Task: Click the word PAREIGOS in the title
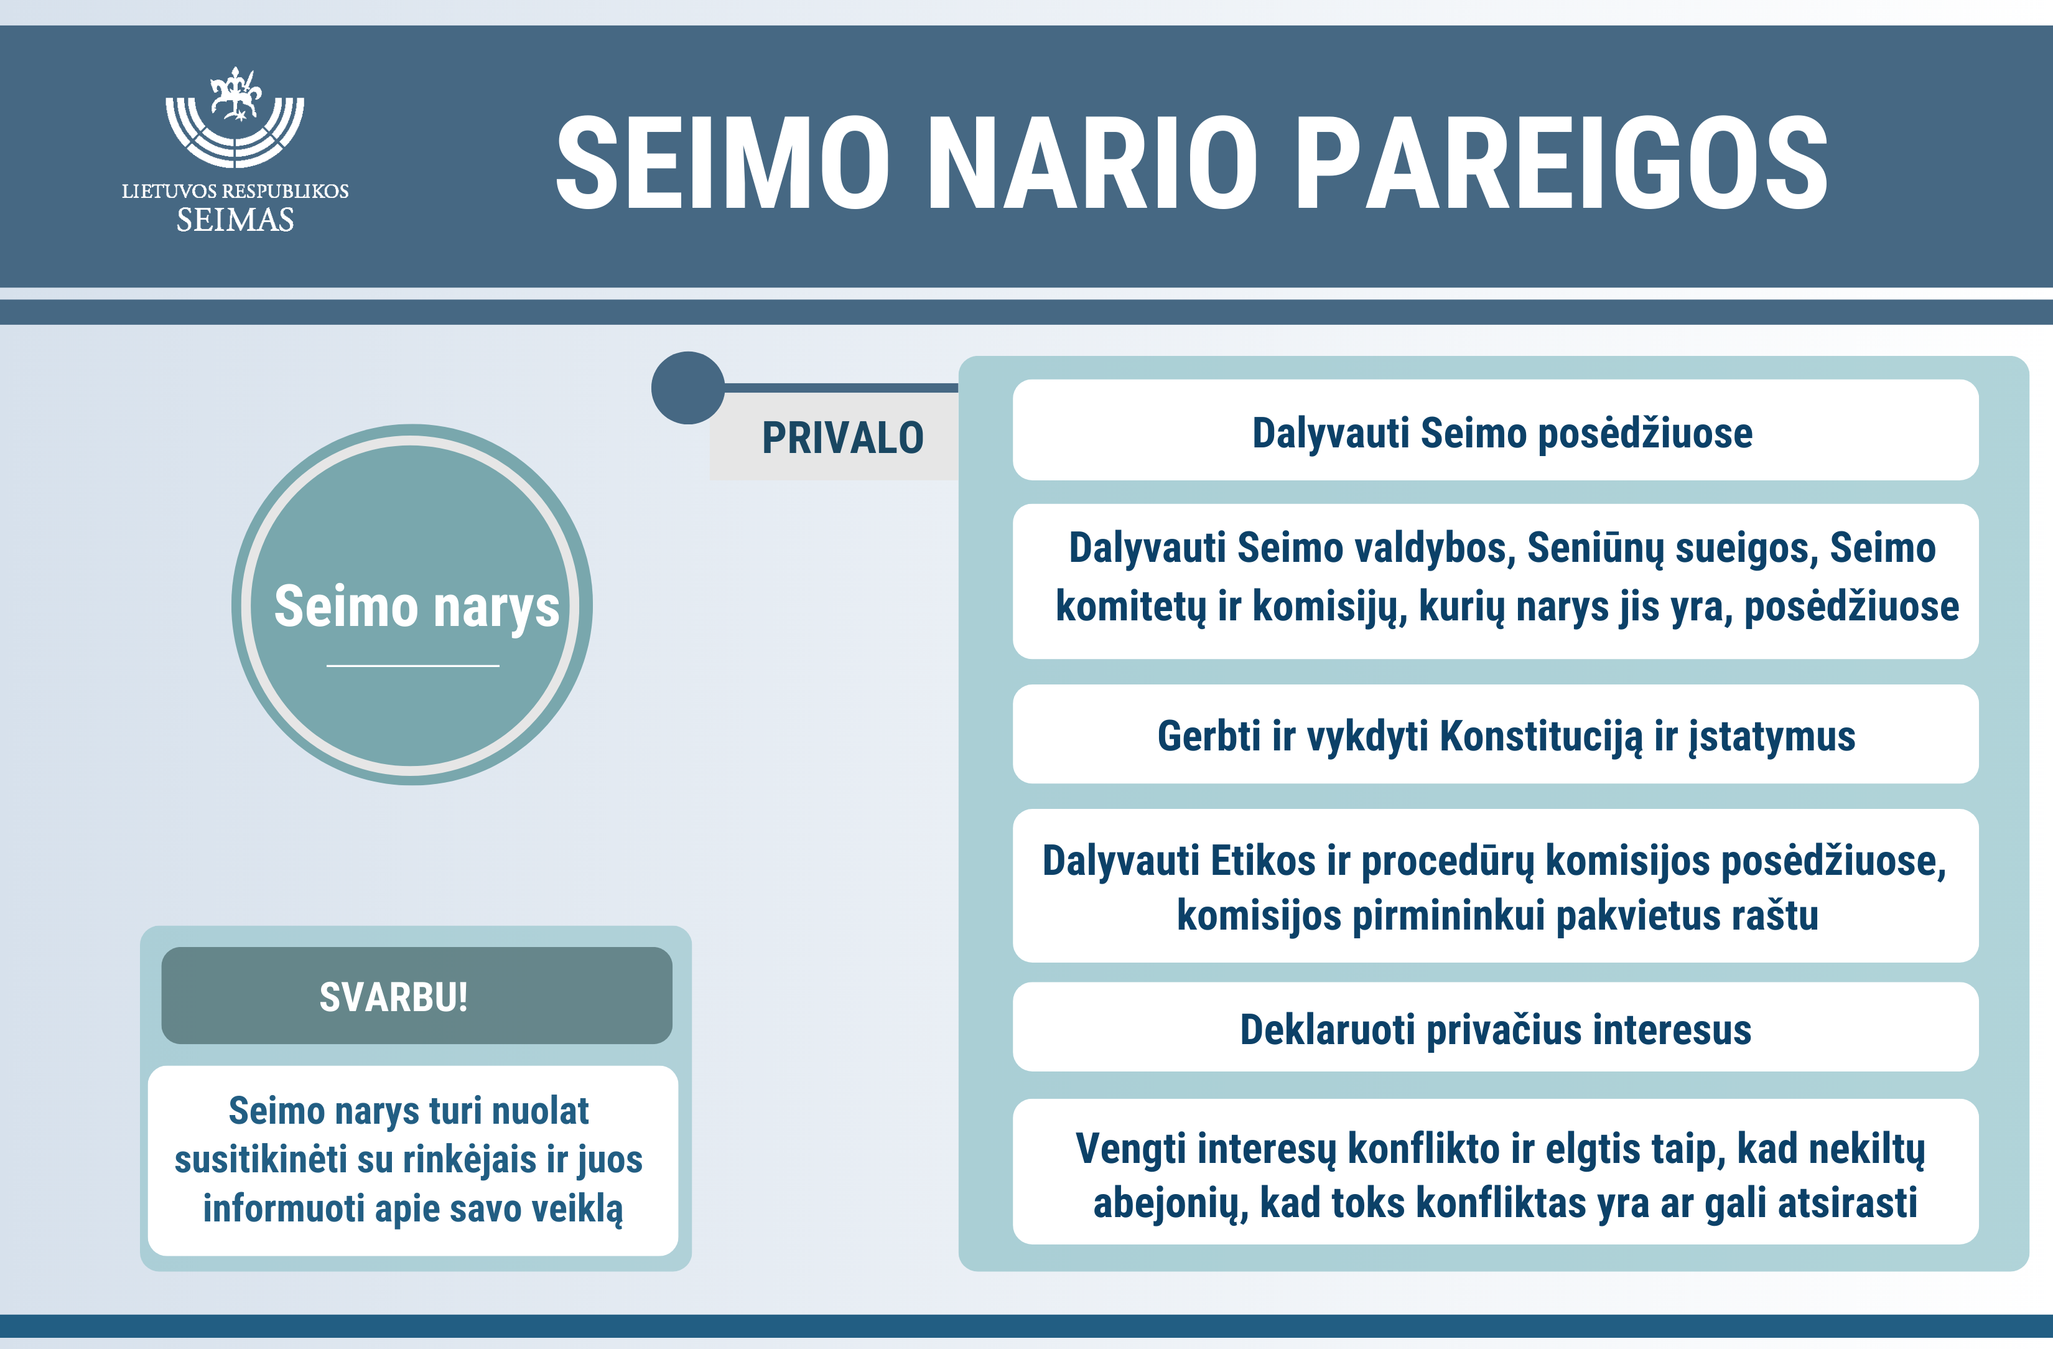pos(1562,163)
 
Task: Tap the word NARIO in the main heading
pos(1092,163)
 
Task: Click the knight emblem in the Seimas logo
pos(235,95)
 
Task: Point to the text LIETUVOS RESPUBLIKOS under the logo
pos(235,190)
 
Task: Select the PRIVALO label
pos(843,437)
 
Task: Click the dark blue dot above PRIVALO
pos(687,387)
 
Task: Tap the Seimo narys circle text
pos(417,606)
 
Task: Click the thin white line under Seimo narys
pos(413,666)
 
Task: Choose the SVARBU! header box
pos(417,996)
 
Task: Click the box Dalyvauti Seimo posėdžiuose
pos(1496,429)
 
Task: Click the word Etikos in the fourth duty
pos(1263,861)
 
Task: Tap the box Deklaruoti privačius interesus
pos(1496,1027)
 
